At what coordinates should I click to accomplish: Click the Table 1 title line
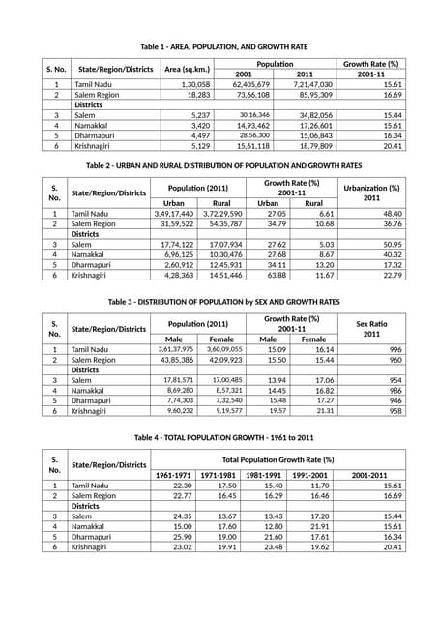click(224, 46)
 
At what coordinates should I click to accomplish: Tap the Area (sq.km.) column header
click(188, 69)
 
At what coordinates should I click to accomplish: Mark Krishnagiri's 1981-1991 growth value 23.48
click(267, 546)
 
